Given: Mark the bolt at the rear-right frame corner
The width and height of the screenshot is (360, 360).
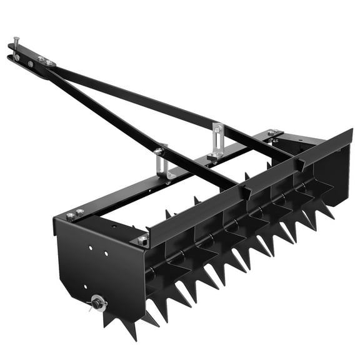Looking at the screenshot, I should (272, 133).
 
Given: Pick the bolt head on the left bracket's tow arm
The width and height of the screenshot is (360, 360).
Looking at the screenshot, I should (159, 151).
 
